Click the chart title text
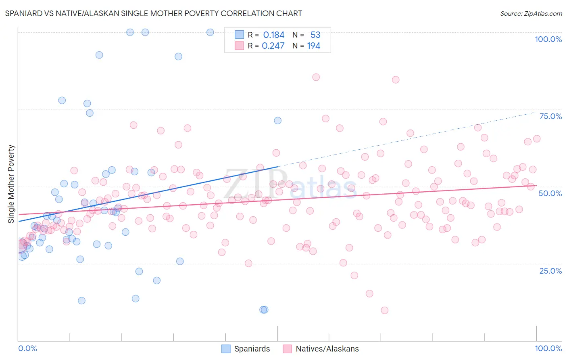click(153, 13)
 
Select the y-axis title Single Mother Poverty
click(11, 184)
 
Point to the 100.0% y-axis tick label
click(548, 39)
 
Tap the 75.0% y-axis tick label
click(550, 116)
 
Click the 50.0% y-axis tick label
click(550, 193)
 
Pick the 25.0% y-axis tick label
click(550, 270)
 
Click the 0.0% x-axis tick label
click(27, 348)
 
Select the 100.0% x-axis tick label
click(548, 348)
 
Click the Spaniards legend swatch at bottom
click(226, 349)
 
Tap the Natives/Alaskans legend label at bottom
click(327, 349)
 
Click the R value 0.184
click(273, 35)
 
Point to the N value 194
click(313, 46)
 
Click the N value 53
click(315, 35)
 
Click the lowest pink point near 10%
click(384, 310)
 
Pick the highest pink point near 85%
click(316, 77)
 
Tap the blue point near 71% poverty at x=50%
click(277, 121)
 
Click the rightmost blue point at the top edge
click(210, 32)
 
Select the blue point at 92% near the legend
click(178, 57)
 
